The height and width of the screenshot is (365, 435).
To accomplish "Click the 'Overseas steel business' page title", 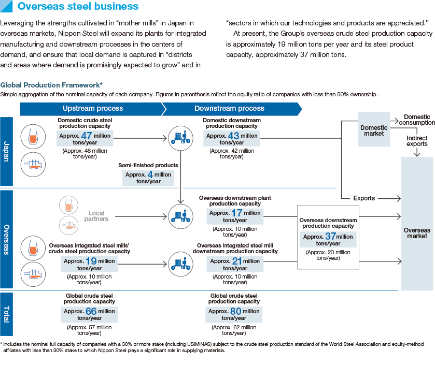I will coord(78,7).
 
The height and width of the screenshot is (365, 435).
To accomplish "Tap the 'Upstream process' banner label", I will coord(93,109).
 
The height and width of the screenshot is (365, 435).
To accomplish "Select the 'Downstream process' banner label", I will coord(229,109).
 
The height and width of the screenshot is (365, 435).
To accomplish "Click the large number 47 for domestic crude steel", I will coord(87,136).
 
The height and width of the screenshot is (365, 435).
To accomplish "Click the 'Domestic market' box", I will coord(373,130).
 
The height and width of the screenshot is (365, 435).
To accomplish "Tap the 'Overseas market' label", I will coord(417,233).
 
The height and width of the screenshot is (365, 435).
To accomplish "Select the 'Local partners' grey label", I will coord(99,216).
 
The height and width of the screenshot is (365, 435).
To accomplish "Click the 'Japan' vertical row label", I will coord(6,151).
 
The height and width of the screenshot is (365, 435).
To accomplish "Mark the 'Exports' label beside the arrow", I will coord(364,198).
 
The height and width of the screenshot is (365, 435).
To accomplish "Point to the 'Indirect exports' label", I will coord(417,141).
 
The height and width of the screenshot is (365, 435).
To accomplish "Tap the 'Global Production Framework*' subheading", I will coord(51,85).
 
